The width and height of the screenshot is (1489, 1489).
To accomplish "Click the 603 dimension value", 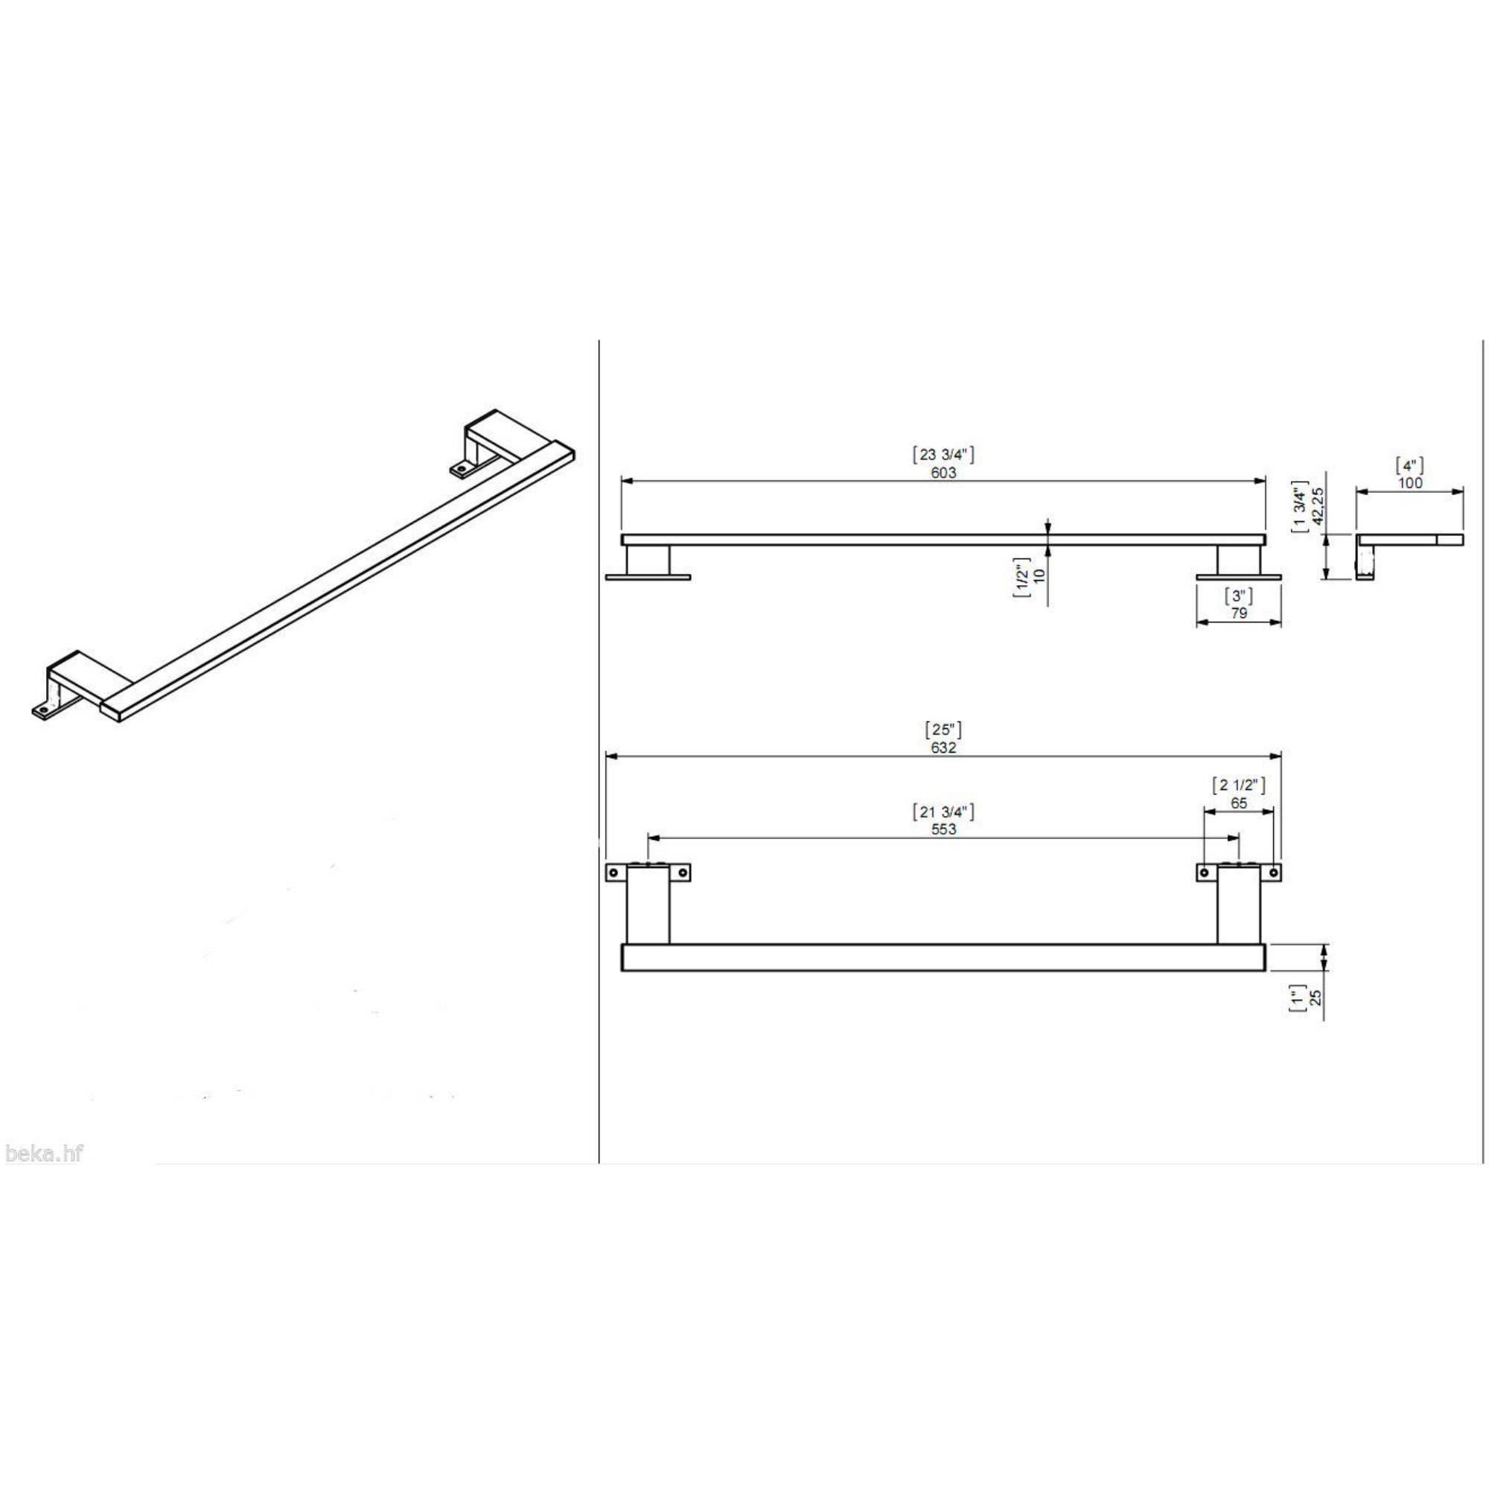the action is (x=943, y=473).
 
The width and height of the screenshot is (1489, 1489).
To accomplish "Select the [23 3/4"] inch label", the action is (x=943, y=455).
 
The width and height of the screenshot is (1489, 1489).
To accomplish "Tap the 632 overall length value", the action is (x=943, y=747).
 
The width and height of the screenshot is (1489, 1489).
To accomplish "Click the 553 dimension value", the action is (x=943, y=829).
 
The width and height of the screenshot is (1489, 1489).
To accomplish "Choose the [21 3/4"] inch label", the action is (x=943, y=811).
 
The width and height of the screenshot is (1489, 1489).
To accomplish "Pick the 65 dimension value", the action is (x=1239, y=803).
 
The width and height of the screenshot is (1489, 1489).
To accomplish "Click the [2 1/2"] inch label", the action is (x=1239, y=785).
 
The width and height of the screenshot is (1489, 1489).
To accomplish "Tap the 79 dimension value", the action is (x=1238, y=613).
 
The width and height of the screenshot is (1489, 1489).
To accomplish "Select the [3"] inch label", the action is (x=1238, y=596).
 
